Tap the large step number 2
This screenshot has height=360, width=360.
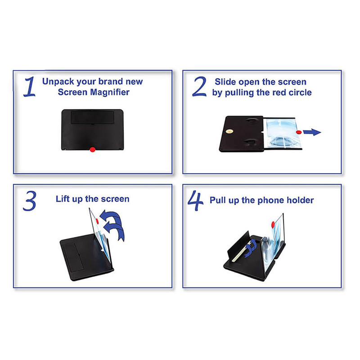point(199,86)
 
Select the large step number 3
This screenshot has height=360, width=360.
point(30,201)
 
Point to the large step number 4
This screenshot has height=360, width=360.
point(195,201)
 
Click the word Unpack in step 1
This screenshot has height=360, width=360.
point(58,82)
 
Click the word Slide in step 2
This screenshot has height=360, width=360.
point(226,82)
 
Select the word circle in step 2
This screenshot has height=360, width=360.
point(300,93)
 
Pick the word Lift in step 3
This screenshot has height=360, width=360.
point(63,199)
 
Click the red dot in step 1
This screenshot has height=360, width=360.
point(93,150)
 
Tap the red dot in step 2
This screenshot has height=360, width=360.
point(299,132)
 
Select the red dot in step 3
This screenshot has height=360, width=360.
point(97,221)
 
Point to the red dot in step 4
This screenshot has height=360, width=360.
point(273,225)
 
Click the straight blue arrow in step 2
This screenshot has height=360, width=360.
point(312,132)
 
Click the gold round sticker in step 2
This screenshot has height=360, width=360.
point(229,131)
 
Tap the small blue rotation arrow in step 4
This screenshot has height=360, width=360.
point(250,248)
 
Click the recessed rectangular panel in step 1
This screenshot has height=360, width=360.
point(93,117)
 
